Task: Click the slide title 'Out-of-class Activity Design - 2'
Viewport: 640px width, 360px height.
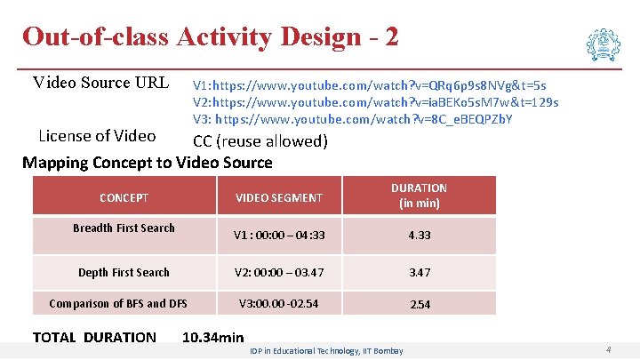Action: point(210,36)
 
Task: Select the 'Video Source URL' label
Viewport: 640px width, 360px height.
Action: point(100,84)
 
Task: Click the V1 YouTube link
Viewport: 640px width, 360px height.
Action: point(370,85)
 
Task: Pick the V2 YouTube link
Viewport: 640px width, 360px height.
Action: point(375,102)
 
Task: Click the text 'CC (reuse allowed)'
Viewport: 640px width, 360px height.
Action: point(260,141)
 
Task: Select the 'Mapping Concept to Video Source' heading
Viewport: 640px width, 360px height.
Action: point(147,162)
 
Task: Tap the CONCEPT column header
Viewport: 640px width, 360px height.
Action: point(124,198)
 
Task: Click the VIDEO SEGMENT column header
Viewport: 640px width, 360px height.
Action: point(278,197)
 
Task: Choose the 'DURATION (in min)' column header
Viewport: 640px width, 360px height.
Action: point(419,196)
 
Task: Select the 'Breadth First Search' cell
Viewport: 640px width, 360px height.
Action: point(124,228)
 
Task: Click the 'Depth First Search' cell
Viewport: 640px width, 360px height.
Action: point(124,272)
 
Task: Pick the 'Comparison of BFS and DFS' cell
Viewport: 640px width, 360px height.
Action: point(118,303)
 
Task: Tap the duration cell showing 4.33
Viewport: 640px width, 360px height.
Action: point(419,236)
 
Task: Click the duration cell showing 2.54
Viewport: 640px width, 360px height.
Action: point(419,304)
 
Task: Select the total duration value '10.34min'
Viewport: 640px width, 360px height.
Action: point(212,337)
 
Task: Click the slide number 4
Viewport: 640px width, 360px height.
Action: point(607,350)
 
